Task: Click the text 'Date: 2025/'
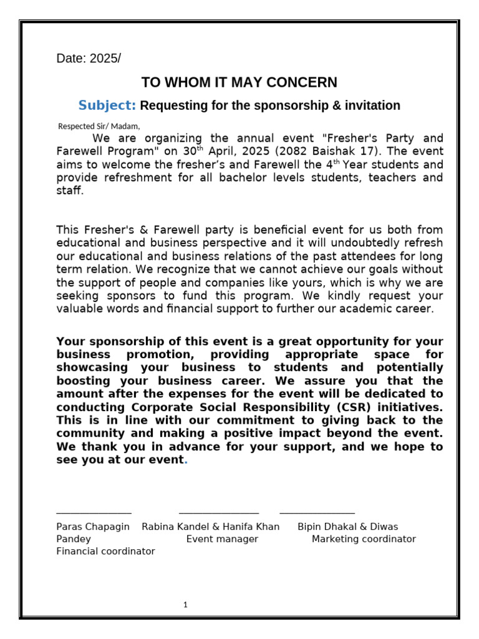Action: click(x=89, y=59)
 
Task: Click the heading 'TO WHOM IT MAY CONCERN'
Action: click(x=239, y=82)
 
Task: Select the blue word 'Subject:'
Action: click(x=107, y=105)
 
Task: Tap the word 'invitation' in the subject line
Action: click(x=372, y=105)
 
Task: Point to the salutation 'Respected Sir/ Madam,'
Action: click(x=99, y=126)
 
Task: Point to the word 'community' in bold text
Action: click(x=86, y=433)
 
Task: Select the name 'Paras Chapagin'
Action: click(x=93, y=527)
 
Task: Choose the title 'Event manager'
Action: click(x=222, y=539)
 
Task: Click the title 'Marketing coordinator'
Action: click(x=364, y=539)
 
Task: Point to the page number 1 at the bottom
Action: click(x=185, y=605)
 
